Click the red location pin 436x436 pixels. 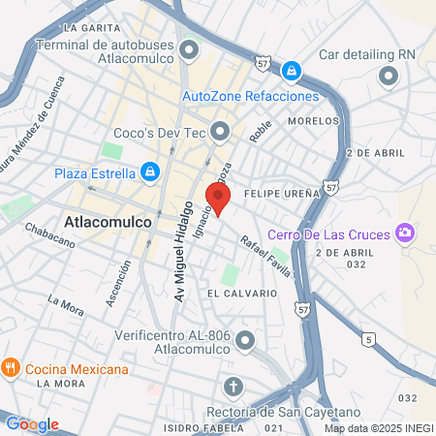click(x=219, y=196)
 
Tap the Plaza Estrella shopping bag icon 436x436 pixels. click(x=149, y=172)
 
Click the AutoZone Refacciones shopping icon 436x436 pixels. click(x=291, y=70)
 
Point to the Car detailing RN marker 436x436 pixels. click(x=389, y=78)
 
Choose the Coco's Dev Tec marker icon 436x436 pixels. click(x=221, y=129)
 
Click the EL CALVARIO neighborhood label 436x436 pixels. click(x=235, y=292)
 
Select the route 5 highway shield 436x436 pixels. click(x=368, y=339)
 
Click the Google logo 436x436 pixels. click(x=32, y=424)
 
